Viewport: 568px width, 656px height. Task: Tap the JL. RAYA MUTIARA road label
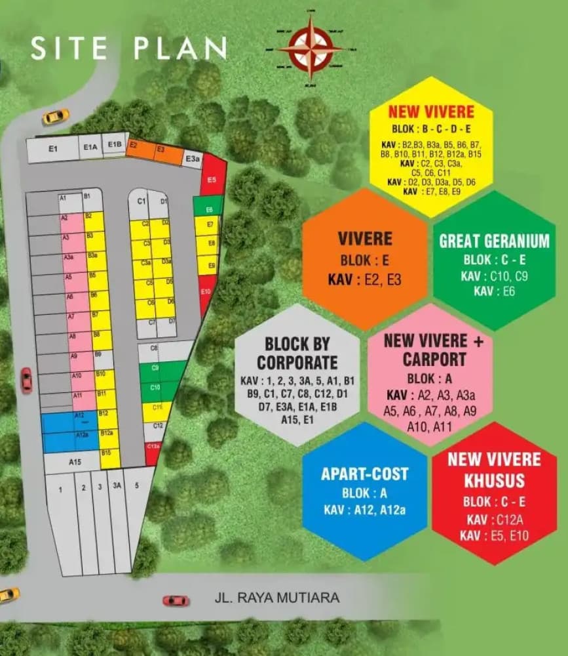pos(277,598)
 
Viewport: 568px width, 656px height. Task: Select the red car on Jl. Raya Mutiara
pos(176,600)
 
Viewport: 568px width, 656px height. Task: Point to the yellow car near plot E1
pos(56,117)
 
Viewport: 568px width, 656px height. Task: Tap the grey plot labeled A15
pos(75,462)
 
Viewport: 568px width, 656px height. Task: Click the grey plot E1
pos(52,150)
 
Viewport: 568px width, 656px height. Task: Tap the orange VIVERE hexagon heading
pos(365,237)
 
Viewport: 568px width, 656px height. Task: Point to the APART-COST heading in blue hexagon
pos(365,474)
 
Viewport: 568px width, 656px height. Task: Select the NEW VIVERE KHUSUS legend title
pos(494,469)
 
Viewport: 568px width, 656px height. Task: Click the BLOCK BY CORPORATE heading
pos(297,353)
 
